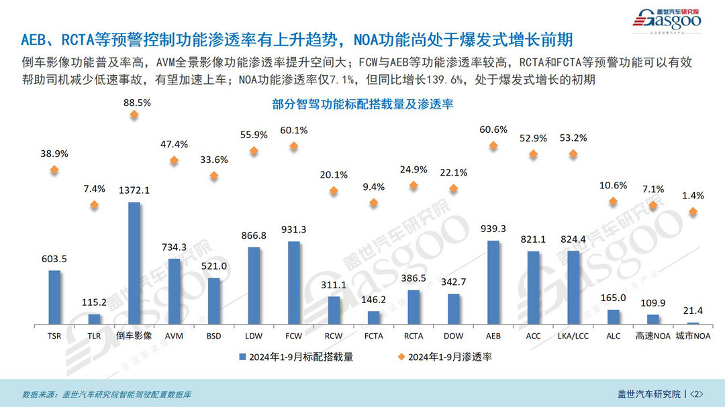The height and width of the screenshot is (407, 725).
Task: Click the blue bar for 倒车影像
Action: pyautogui.click(x=134, y=263)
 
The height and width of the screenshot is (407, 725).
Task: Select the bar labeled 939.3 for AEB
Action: pyautogui.click(x=493, y=282)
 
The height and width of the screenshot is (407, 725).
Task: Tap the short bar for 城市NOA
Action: pyautogui.click(x=693, y=324)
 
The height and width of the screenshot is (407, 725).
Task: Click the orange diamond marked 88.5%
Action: pyautogui.click(x=134, y=115)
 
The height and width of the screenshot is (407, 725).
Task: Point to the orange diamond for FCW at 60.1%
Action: pyautogui.click(x=293, y=146)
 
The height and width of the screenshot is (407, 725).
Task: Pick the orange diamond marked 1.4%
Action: pyautogui.click(x=693, y=212)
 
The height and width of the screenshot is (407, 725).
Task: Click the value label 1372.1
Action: pyautogui.click(x=134, y=190)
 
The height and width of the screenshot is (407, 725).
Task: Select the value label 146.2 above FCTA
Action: pyautogui.click(x=374, y=300)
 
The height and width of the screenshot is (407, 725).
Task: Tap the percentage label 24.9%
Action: pyautogui.click(x=414, y=168)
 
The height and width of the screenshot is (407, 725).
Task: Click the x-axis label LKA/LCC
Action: pyautogui.click(x=573, y=335)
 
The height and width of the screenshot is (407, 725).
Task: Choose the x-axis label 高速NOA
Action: pyautogui.click(x=653, y=335)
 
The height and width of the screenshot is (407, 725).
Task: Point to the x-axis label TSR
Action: pyautogui.click(x=54, y=335)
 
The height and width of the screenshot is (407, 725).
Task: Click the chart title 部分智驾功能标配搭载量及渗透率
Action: pyautogui.click(x=363, y=105)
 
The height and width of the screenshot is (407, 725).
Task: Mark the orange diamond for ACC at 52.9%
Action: pyautogui.click(x=534, y=154)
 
